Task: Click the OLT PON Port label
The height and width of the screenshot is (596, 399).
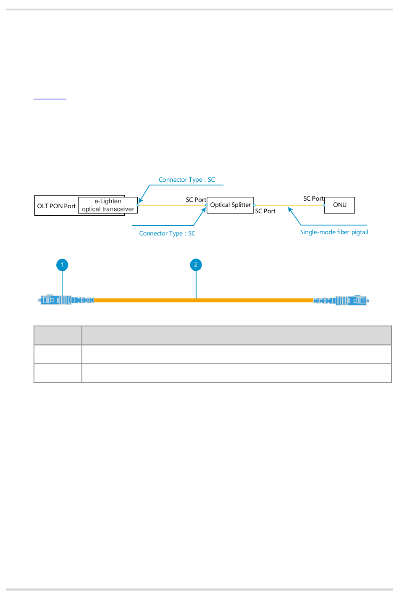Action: pyautogui.click(x=56, y=206)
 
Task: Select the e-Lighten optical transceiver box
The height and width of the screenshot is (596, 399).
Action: pyautogui.click(x=108, y=205)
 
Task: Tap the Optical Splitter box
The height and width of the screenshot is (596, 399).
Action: pyautogui.click(x=230, y=205)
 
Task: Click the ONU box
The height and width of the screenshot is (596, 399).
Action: pyautogui.click(x=339, y=205)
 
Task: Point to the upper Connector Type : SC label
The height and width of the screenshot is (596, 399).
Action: pyautogui.click(x=186, y=180)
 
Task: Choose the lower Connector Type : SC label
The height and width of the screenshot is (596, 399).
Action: pyautogui.click(x=167, y=233)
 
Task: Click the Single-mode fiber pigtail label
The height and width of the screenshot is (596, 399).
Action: pyautogui.click(x=334, y=232)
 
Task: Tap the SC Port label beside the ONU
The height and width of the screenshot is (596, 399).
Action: pyautogui.click(x=313, y=199)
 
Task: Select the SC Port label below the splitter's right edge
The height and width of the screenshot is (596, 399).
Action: pyautogui.click(x=265, y=211)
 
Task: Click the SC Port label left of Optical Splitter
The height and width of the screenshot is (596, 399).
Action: pyautogui.click(x=196, y=199)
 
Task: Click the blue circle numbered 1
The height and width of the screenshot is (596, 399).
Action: pyautogui.click(x=62, y=265)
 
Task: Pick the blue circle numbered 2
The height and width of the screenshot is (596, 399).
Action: pyautogui.click(x=196, y=265)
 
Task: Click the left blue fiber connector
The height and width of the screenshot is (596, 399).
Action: pyautogui.click(x=66, y=300)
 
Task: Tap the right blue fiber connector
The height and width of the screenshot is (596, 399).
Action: pyautogui.click(x=341, y=301)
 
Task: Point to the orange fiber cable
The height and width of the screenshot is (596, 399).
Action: pyautogui.click(x=204, y=300)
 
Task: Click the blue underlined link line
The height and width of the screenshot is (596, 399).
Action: pyautogui.click(x=50, y=99)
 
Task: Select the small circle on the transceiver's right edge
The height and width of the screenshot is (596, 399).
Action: pyautogui.click(x=138, y=205)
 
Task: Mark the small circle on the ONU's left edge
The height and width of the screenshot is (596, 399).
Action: pyautogui.click(x=324, y=205)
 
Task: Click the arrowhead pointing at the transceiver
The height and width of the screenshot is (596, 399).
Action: pyautogui.click(x=141, y=201)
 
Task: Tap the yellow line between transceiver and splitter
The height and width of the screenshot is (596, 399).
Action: pyautogui.click(x=172, y=205)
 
